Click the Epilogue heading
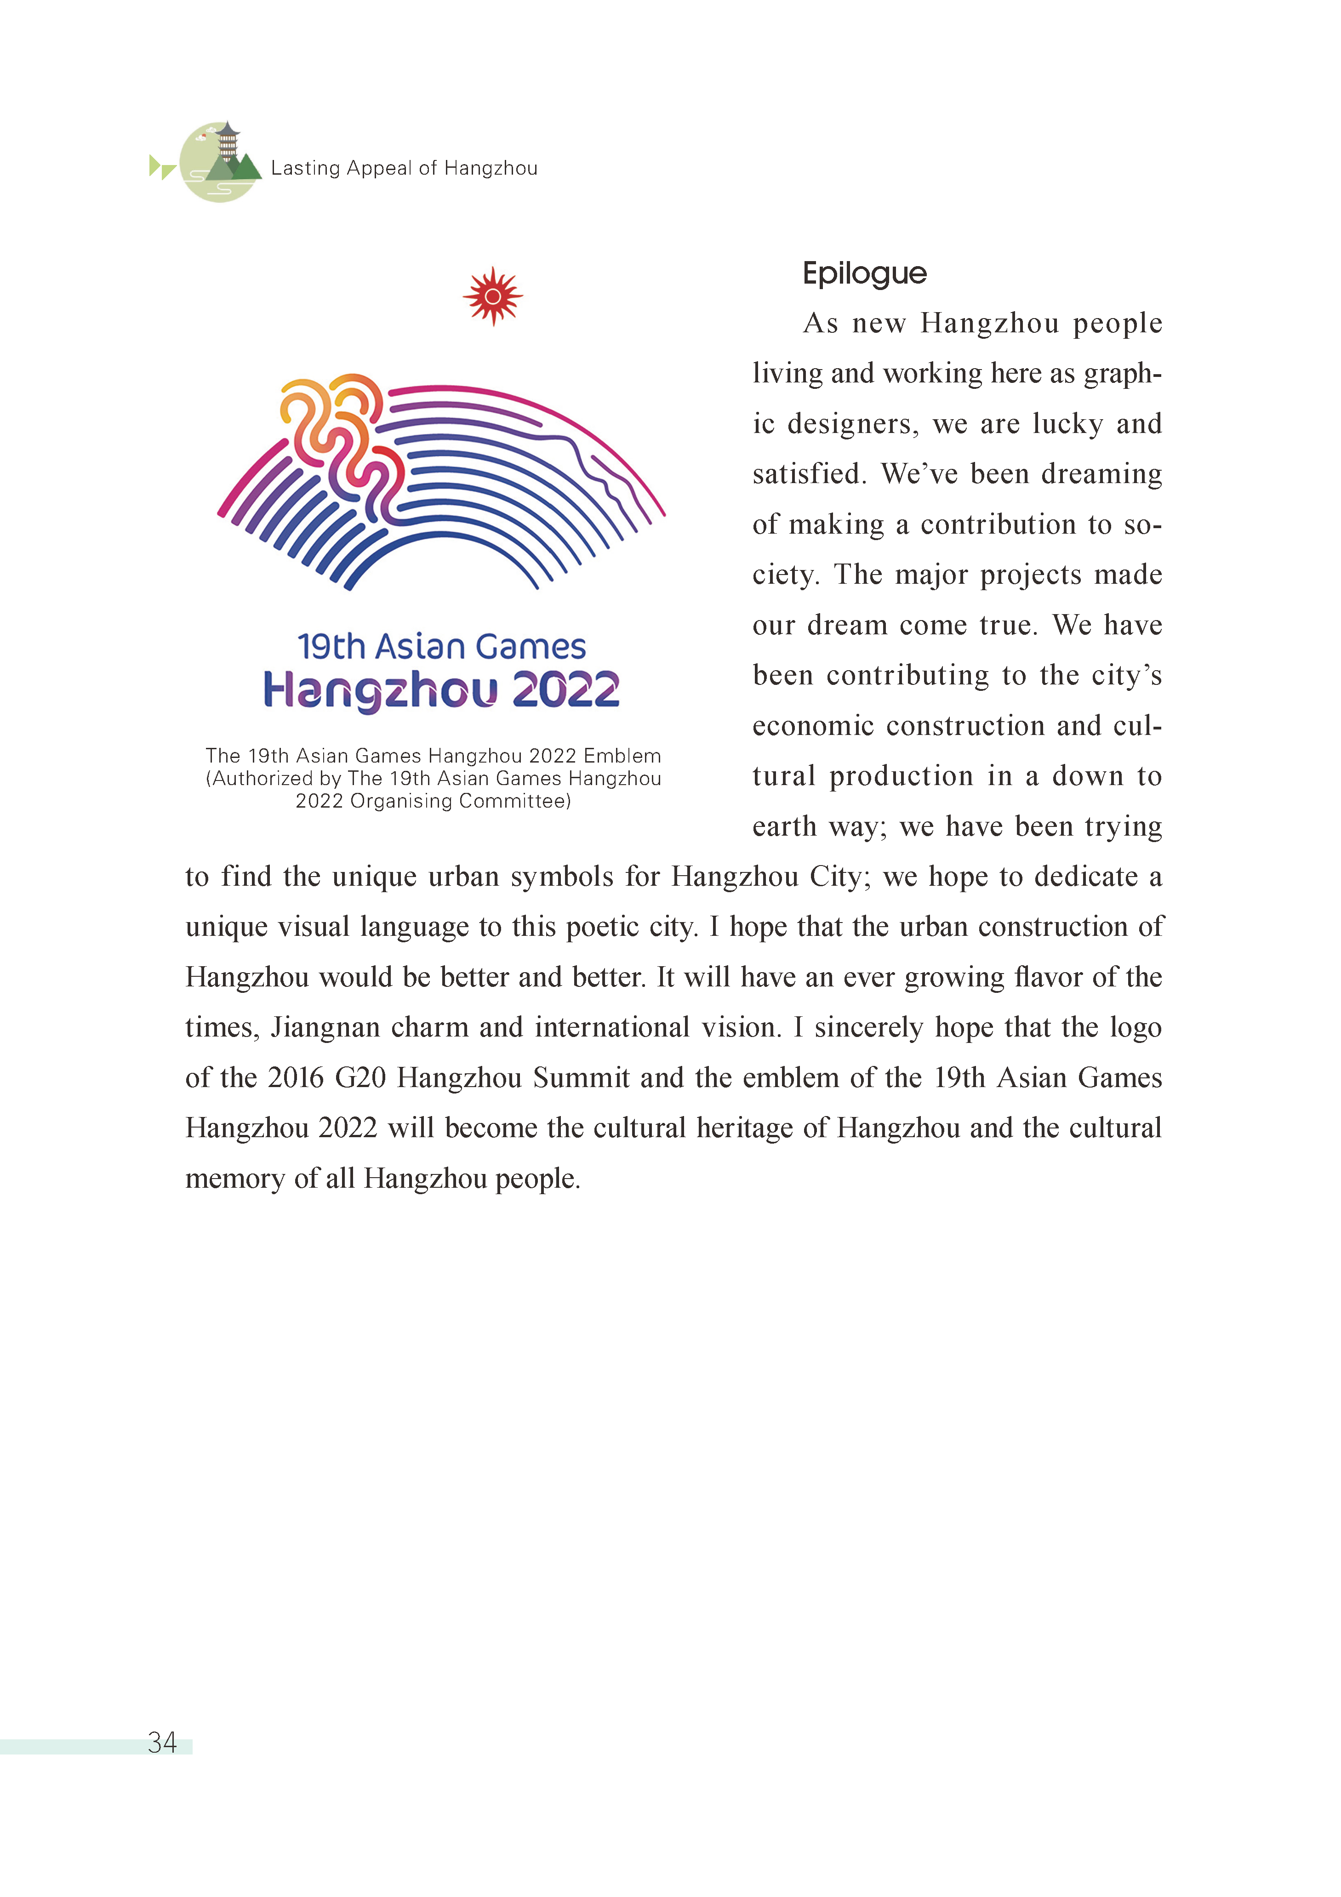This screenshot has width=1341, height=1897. pos(864,273)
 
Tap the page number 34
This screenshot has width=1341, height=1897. pos(162,1743)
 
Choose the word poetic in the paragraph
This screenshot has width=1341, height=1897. pos(601,927)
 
